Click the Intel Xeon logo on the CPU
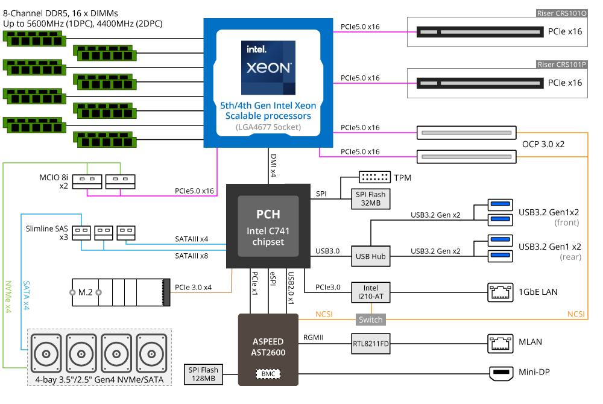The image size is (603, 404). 268,68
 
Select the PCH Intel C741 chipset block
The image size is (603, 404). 268,226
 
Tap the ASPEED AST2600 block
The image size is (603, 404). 268,350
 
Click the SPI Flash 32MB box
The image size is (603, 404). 371,199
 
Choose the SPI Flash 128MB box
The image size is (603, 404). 203,374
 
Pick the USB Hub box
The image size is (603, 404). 371,256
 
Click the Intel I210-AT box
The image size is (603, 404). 371,292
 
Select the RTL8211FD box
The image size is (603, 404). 371,344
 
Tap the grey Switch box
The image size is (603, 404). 371,320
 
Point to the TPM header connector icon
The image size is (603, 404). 374,177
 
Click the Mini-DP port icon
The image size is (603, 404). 501,373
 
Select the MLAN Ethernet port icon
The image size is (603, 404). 500,343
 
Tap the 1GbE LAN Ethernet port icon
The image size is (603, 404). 500,292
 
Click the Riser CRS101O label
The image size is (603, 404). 561,13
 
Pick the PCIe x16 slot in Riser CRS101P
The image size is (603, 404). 480,83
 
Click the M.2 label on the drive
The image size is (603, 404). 86,292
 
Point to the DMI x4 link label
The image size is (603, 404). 273,165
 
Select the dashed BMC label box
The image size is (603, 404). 268,374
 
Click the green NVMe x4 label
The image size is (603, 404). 8,297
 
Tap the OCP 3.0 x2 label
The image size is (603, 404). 543,144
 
